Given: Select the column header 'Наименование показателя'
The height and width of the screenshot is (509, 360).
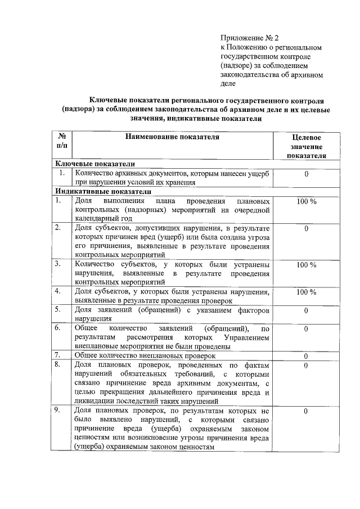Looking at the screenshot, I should pyautogui.click(x=172, y=136).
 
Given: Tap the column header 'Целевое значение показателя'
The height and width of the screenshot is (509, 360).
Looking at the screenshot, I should pyautogui.click(x=307, y=146).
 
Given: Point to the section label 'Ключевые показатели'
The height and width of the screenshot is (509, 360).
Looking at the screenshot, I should pyautogui.click(x=94, y=164).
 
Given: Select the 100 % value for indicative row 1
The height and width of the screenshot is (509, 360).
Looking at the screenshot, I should pyautogui.click(x=306, y=201).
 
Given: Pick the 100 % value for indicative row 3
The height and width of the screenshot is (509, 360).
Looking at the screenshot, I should pyautogui.click(x=306, y=264).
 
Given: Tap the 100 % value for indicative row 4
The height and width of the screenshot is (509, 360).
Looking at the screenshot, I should pyautogui.click(x=306, y=292).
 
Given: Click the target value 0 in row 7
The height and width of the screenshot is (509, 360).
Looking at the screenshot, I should pyautogui.click(x=306, y=356).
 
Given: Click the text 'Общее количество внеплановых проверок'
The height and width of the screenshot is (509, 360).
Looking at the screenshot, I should pyautogui.click(x=145, y=356).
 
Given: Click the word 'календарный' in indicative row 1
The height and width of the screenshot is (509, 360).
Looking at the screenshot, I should pyautogui.click(x=95, y=218).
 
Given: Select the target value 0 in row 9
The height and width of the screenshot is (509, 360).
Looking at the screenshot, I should pyautogui.click(x=306, y=412).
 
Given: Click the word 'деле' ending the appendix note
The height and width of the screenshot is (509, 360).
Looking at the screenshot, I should pyautogui.click(x=228, y=83).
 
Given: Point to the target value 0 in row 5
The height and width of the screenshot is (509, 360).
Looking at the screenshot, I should pyautogui.click(x=306, y=310).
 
